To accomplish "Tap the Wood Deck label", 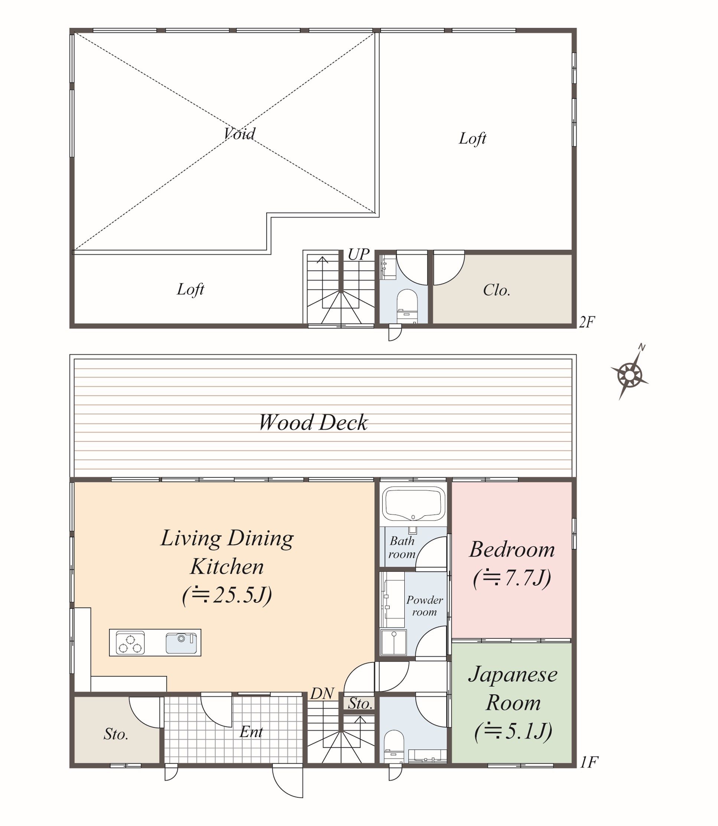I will pos(313,422).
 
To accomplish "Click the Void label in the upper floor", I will pos(239,133).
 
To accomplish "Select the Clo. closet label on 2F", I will pos(496,290).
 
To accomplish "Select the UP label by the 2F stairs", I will pos(358,255).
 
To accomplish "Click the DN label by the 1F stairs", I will pos(322,693).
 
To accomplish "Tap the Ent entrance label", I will pos(251,732).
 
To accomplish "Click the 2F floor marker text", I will pos(587,322).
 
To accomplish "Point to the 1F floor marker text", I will pos(588,762).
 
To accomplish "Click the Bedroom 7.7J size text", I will pos(512,578).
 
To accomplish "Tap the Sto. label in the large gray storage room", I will pos(116,734).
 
